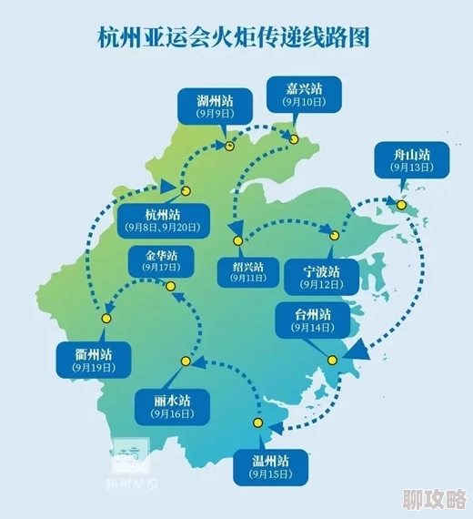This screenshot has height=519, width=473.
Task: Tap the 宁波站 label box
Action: point(323,277)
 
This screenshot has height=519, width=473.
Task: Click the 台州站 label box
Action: point(313,320)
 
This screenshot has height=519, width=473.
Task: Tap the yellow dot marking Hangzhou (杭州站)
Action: point(186,192)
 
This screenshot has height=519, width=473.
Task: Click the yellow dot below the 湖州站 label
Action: point(230,145)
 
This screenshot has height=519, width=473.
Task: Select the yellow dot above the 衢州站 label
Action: point(106,318)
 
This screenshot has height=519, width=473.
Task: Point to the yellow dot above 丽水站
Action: point(185,361)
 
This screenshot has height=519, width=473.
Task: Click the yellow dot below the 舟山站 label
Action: point(400,206)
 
